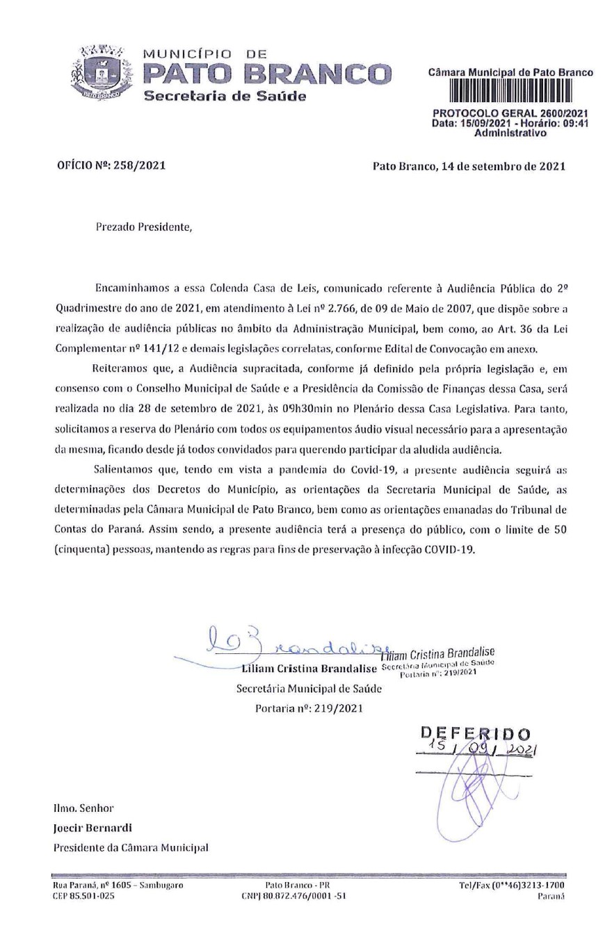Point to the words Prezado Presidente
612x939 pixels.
(x=141, y=227)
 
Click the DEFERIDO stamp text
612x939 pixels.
(x=476, y=733)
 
